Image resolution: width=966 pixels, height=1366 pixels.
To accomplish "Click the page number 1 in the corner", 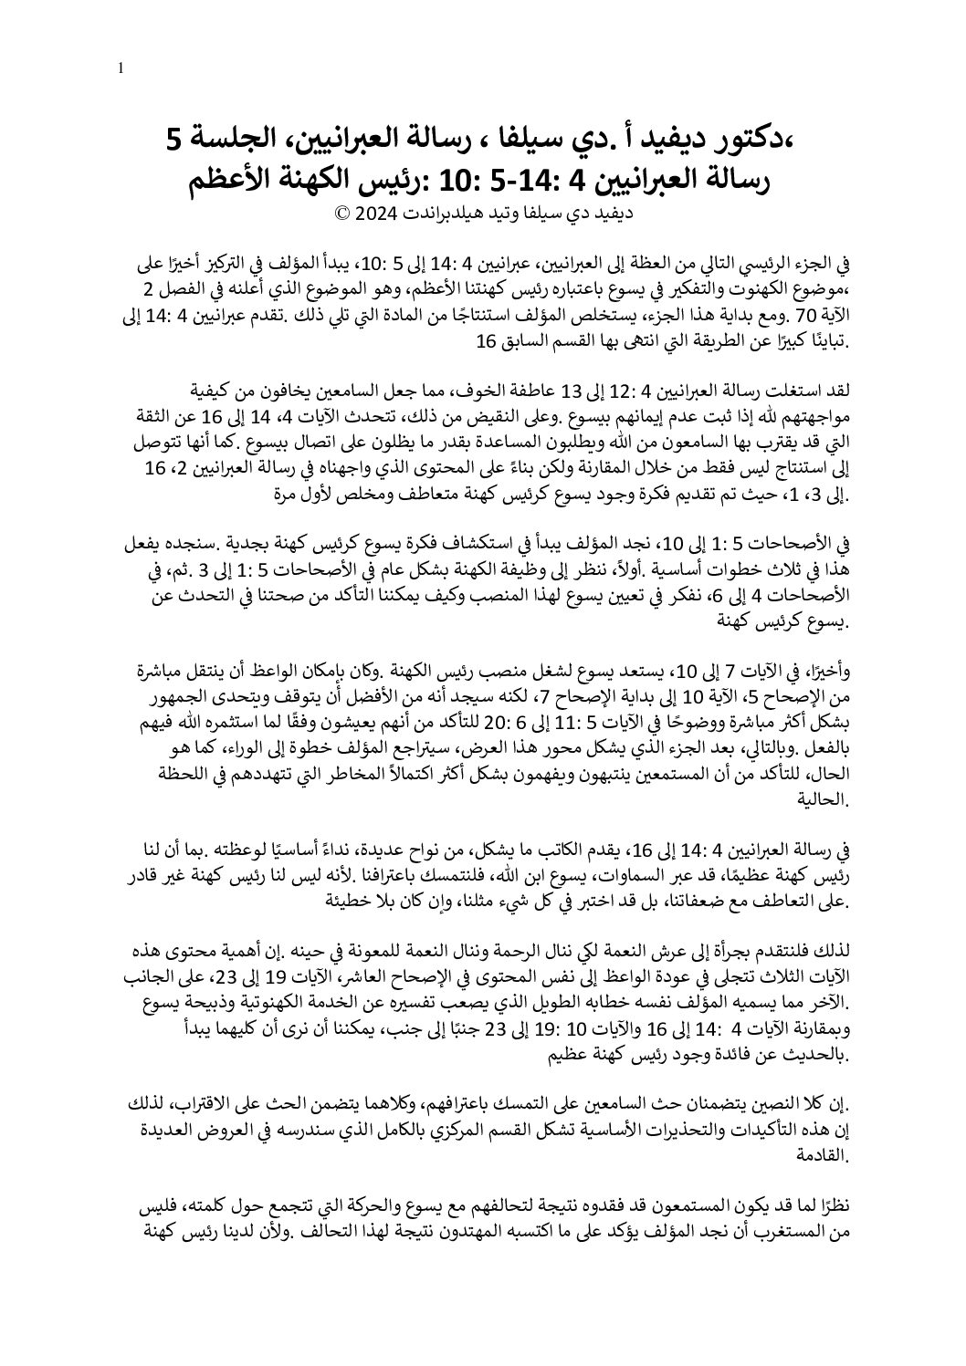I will point(121,68).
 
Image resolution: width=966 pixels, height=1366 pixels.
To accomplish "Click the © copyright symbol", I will point(342,215).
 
